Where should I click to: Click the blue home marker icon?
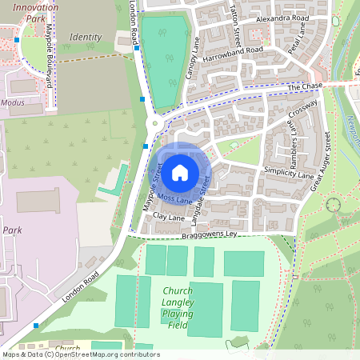180,171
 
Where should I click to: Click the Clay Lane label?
168,217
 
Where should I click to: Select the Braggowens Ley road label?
209,235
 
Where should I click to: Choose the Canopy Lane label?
193,61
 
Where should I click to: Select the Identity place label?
86,37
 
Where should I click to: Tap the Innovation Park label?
31,11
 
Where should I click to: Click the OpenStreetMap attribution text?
80,354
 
